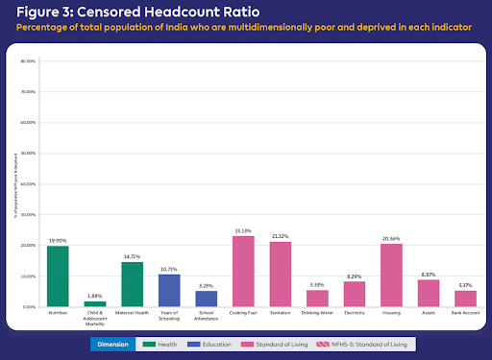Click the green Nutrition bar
(x=58, y=276)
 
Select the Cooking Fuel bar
(x=243, y=272)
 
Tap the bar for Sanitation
(x=280, y=274)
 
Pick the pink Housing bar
(x=391, y=276)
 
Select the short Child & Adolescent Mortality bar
(x=95, y=303)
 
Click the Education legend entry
(x=222, y=343)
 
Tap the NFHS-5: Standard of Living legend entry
(x=379, y=343)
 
